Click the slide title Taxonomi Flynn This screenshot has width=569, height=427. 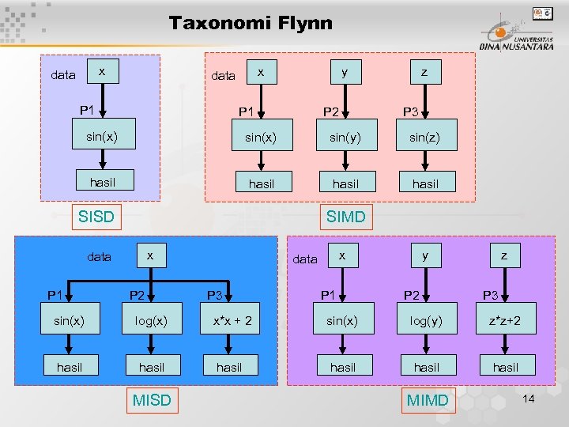point(251,23)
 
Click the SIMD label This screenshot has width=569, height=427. point(345,216)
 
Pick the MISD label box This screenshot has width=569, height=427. point(152,400)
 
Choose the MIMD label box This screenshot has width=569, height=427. point(427,400)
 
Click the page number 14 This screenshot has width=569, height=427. point(528,399)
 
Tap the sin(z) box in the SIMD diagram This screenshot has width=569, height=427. point(425,138)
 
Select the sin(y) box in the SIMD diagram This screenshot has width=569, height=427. point(345,138)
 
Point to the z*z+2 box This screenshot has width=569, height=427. point(506,321)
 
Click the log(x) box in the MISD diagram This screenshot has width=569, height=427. point(152,321)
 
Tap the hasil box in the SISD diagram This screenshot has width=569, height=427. point(103,183)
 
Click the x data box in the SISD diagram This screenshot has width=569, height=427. point(102,72)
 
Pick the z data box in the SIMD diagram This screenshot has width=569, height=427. point(425,73)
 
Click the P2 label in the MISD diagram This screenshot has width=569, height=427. point(137,296)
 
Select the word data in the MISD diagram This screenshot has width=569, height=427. point(100,257)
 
